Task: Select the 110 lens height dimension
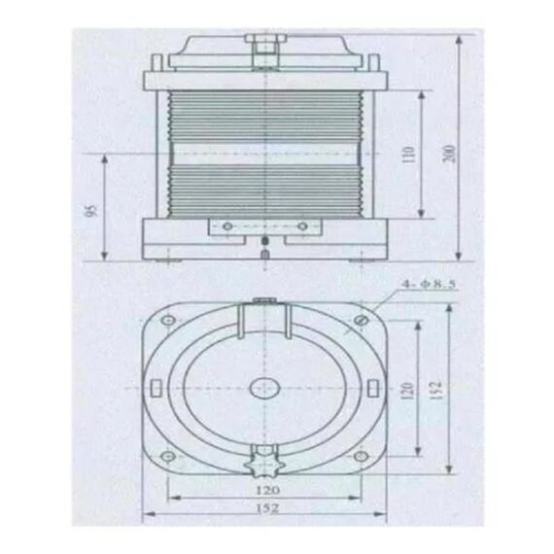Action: click(x=408, y=156)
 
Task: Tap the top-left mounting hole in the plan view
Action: click(x=167, y=321)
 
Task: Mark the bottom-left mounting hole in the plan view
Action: click(x=167, y=454)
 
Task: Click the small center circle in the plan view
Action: click(x=264, y=388)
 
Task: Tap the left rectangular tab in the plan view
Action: click(x=155, y=388)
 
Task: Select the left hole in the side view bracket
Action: click(x=226, y=225)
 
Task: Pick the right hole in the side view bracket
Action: click(x=302, y=225)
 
